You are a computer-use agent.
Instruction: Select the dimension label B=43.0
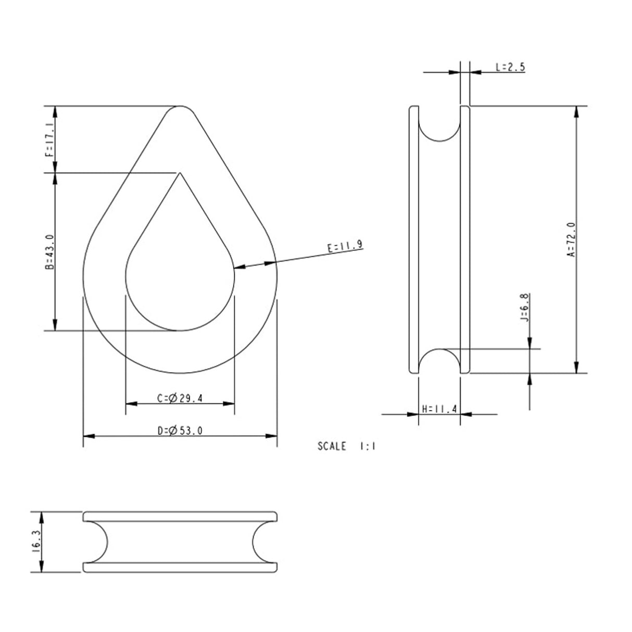click(49, 251)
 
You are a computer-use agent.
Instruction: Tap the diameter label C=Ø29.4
click(180, 398)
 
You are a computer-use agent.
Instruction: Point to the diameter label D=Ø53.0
click(180, 431)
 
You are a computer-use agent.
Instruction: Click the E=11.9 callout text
click(345, 246)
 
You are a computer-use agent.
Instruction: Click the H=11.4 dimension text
click(439, 409)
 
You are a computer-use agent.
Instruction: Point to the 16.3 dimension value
click(36, 541)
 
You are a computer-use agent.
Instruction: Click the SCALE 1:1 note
click(346, 446)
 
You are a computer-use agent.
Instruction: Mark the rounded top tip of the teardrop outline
click(180, 107)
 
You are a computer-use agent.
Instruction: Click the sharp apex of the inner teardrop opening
click(180, 173)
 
